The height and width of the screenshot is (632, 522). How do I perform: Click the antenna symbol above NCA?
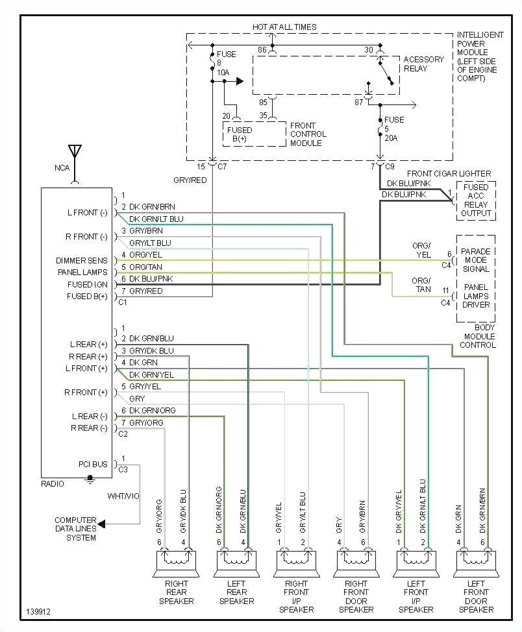(x=75, y=152)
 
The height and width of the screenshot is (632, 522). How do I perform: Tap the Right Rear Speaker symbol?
(x=177, y=563)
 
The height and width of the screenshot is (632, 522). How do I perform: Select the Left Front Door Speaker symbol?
(x=476, y=563)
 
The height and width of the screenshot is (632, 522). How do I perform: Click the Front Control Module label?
(x=308, y=134)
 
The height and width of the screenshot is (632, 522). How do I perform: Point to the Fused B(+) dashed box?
(x=254, y=134)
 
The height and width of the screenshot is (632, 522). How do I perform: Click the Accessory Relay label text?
(x=423, y=64)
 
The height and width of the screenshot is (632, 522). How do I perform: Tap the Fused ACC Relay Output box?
(x=476, y=201)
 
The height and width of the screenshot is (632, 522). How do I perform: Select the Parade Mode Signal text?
(x=476, y=260)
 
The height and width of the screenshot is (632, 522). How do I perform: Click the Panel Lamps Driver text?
(x=476, y=296)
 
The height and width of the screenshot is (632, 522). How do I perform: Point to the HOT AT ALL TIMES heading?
(x=284, y=27)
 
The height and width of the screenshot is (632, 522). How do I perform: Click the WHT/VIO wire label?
(x=123, y=496)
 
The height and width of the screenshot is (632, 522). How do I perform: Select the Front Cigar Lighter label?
(x=449, y=173)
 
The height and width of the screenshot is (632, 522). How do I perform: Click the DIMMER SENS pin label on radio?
(x=82, y=261)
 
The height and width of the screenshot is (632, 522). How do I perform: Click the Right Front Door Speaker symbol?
(x=356, y=563)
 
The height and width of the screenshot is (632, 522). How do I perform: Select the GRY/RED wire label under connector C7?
(x=190, y=180)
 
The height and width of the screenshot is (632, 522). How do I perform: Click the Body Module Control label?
(x=478, y=336)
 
